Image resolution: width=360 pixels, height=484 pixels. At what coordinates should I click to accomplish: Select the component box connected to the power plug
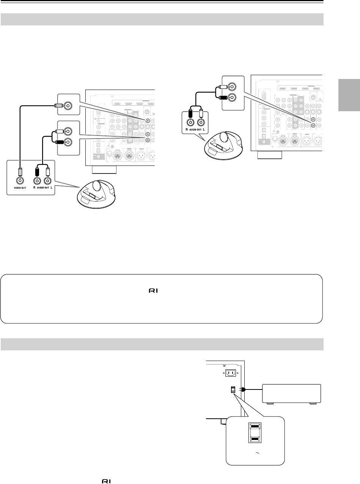[291, 399]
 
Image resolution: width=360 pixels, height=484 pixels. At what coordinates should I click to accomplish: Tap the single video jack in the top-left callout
[68, 105]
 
